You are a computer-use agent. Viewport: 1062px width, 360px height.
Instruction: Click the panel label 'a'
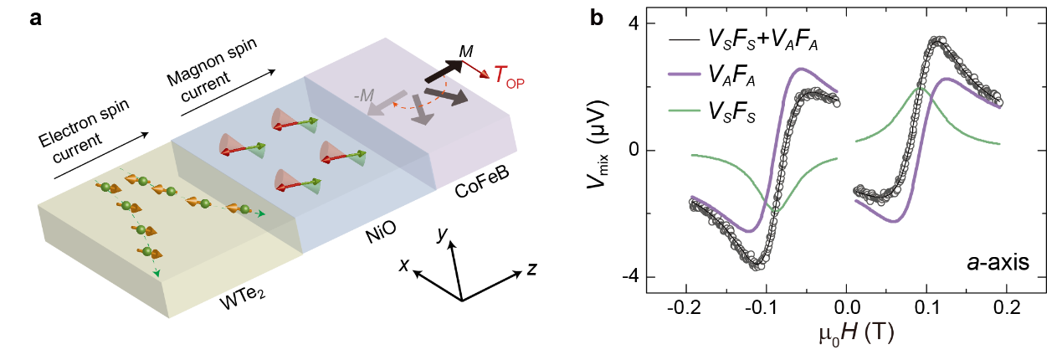[37, 18]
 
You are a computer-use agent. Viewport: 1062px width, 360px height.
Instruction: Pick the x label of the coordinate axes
[404, 266]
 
